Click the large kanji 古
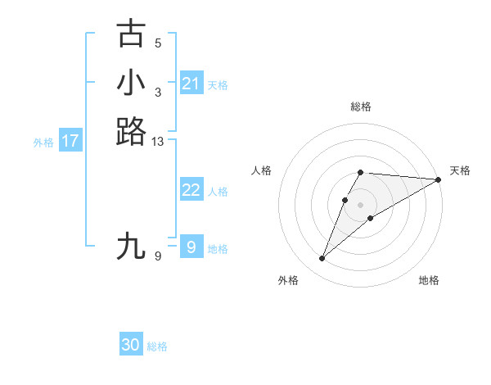point(131,34)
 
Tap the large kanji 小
point(131,83)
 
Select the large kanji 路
point(131,131)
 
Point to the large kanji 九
point(131,246)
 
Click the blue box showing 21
point(191,84)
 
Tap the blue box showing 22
point(191,190)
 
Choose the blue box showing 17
point(70,141)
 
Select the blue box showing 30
point(131,345)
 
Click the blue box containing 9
point(191,247)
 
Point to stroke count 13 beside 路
point(158,143)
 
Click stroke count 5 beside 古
point(158,43)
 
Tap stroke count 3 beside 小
point(158,92)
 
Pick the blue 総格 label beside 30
point(157,346)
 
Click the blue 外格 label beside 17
point(43,143)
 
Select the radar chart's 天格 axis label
point(460,170)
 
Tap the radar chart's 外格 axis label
point(288,280)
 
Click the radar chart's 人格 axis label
point(262,170)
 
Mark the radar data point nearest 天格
point(439,179)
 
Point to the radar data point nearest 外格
point(322,259)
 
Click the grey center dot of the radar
point(361,204)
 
